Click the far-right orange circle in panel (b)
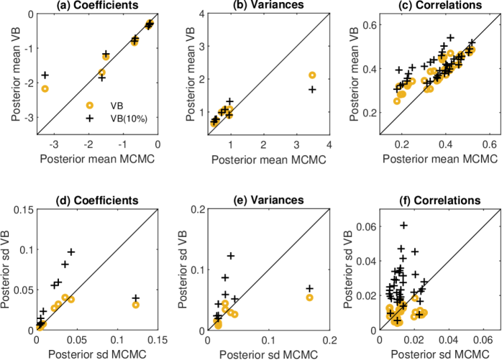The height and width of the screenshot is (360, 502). (x=312, y=75)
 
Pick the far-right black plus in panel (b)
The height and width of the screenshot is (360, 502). (x=312, y=89)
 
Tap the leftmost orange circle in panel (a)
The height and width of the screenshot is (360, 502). (x=45, y=88)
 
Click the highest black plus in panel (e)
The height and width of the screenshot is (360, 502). (x=231, y=256)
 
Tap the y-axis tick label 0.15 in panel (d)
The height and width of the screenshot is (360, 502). (x=20, y=210)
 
